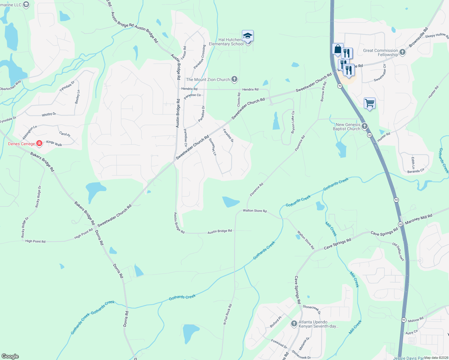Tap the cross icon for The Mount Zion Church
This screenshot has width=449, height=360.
point(234,79)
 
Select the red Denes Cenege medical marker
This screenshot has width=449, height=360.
point(39,143)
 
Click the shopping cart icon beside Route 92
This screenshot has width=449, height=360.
point(369,103)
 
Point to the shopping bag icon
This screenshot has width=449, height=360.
point(338,49)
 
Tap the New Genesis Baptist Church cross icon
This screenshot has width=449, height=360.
point(365,126)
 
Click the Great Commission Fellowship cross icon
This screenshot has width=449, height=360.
point(402,52)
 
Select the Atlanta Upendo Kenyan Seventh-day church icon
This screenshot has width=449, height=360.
point(294,324)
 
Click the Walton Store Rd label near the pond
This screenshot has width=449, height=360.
point(255,211)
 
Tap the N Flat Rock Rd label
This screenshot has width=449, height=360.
point(228,314)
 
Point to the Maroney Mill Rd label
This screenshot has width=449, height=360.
point(419,219)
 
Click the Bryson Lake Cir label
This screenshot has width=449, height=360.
point(293,122)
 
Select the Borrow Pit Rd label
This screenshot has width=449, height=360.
point(323,92)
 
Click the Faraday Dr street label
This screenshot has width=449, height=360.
point(228,136)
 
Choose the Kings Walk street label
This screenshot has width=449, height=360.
point(54,143)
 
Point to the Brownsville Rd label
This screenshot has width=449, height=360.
point(418,37)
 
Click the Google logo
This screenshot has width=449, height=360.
point(10,356)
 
